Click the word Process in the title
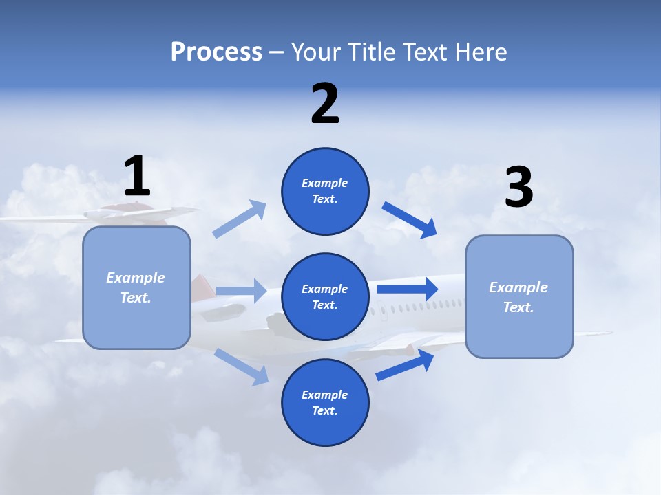pos(216,52)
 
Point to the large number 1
pos(137,176)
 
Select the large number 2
pos(325,103)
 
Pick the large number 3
pos(518,188)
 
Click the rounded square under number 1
pos(136,287)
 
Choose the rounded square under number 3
pos(519,296)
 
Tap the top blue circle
pos(325,191)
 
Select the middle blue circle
pos(325,296)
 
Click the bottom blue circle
pos(325,402)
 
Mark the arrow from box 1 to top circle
pos(240,219)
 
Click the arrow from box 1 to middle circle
pos(241,291)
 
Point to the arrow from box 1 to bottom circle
pos(241,366)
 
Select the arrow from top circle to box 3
pos(410,219)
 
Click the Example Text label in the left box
pos(136,287)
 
